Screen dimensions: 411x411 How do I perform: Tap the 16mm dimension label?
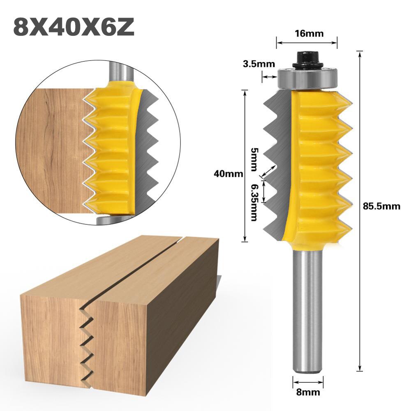point(307,33)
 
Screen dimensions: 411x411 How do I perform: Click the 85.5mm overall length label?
point(381,206)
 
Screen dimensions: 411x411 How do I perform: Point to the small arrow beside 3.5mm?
point(270,76)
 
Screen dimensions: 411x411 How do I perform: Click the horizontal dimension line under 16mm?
point(307,41)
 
